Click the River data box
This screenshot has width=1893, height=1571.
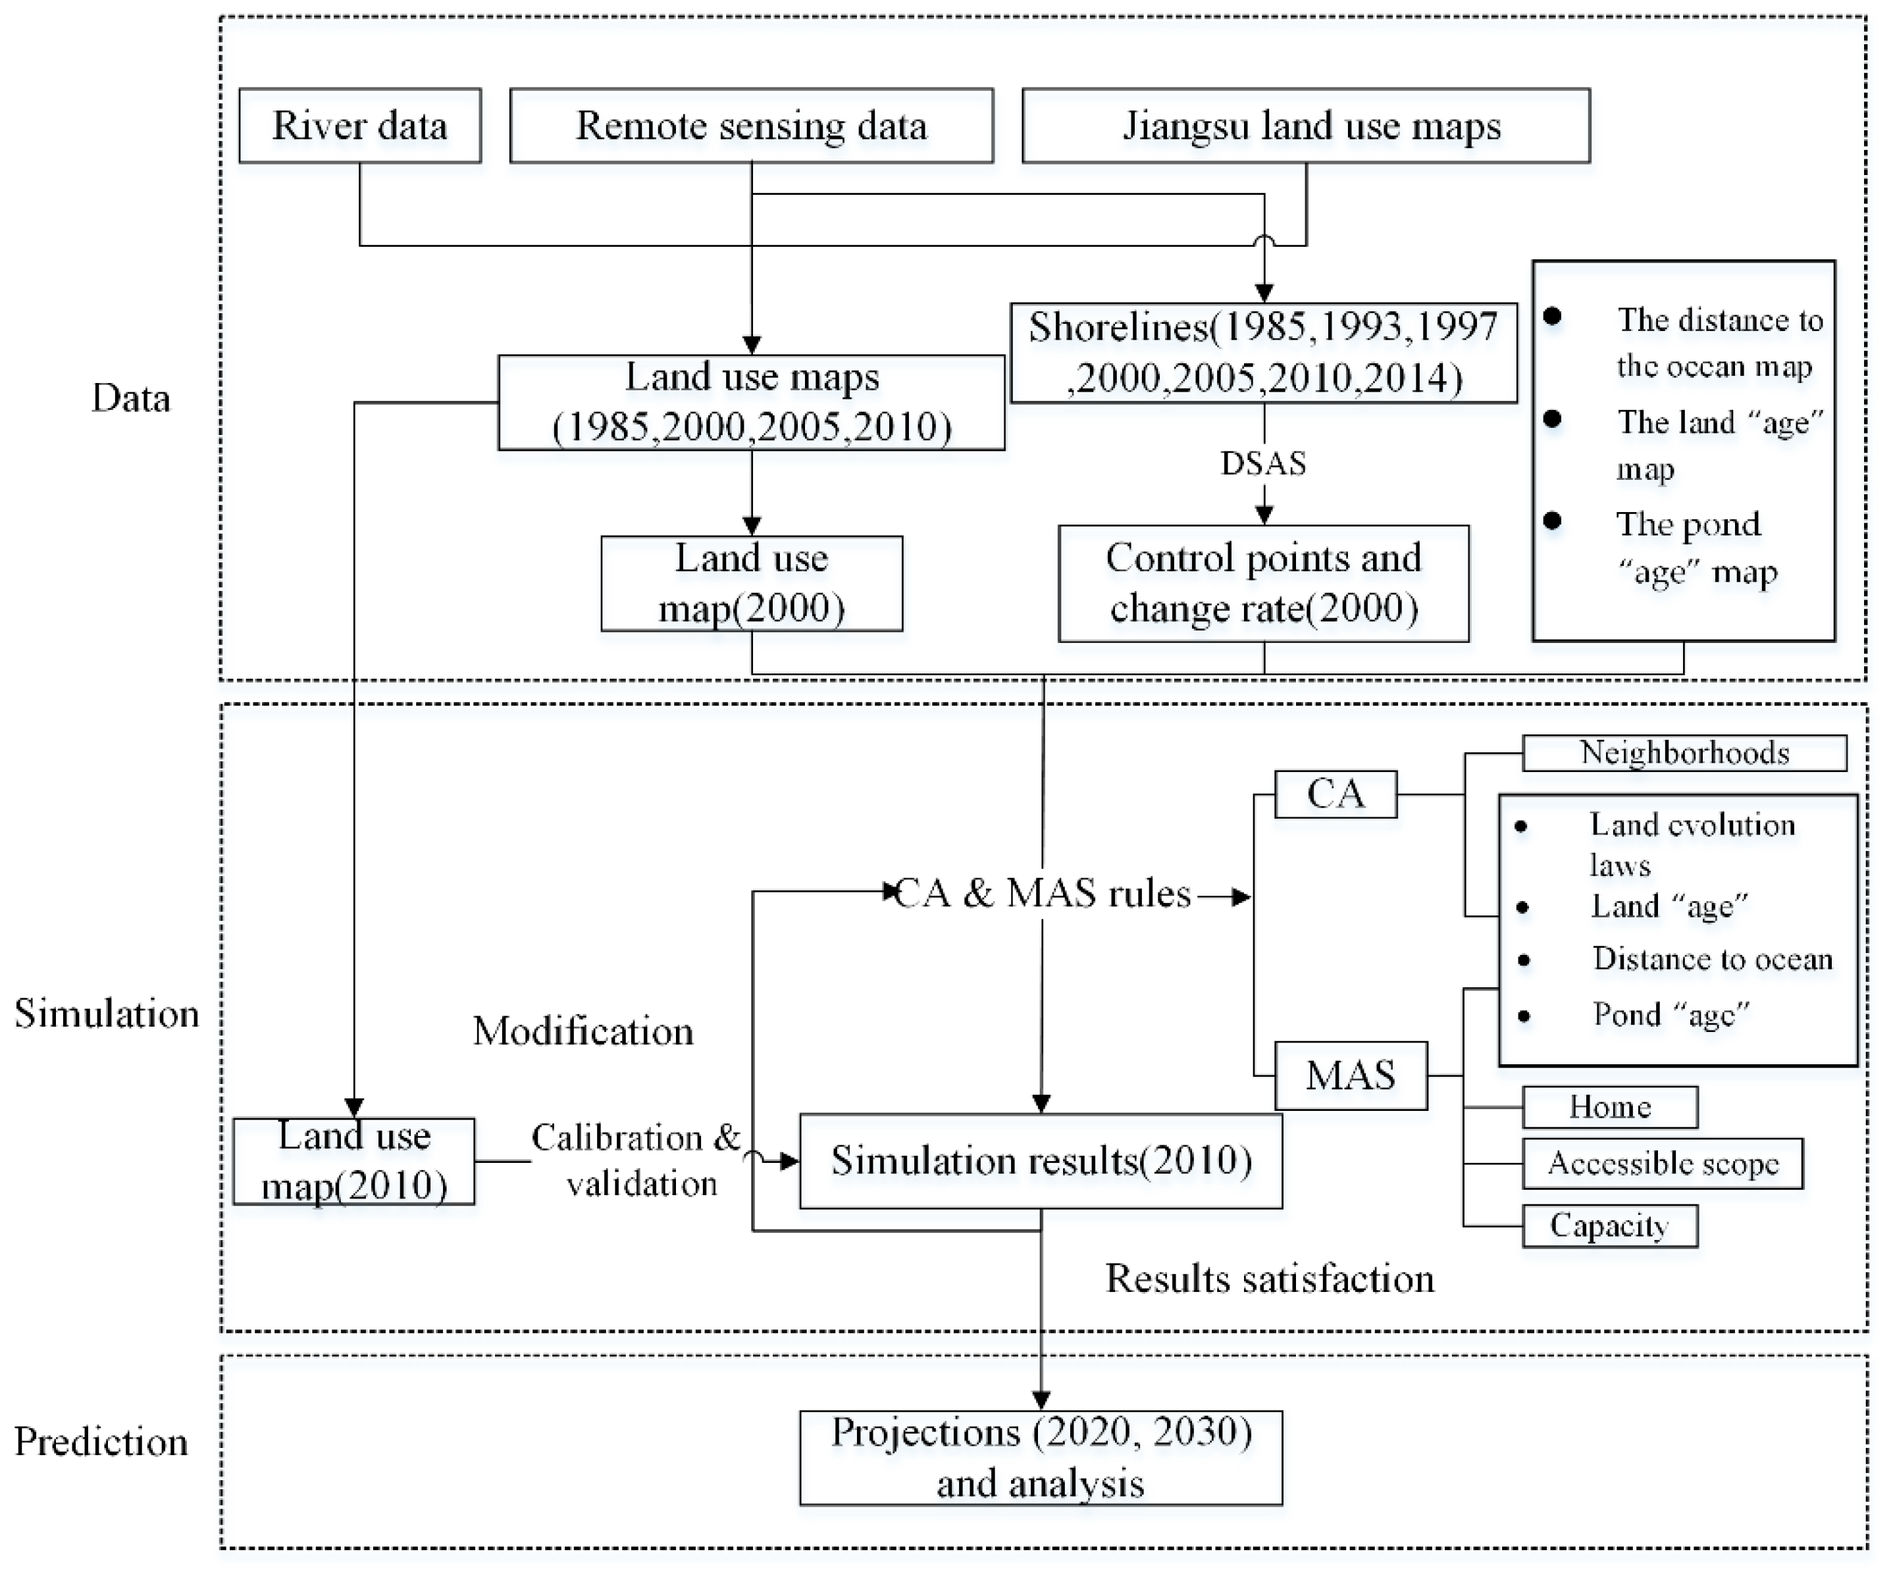click(359, 125)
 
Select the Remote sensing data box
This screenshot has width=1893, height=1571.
click(751, 125)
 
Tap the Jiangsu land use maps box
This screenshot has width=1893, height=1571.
click(1305, 125)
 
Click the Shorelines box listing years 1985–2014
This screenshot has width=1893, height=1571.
click(1263, 352)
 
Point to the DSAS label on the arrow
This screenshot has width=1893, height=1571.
click(1263, 463)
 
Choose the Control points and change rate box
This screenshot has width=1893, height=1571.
click(1263, 583)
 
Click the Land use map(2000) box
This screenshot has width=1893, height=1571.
click(751, 583)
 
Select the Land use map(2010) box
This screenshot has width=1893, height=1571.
click(353, 1161)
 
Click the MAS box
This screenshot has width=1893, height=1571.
click(1351, 1075)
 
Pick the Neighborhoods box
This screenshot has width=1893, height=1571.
click(1684, 753)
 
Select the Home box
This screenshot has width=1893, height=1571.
click(1610, 1107)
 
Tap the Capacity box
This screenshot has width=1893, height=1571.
click(1610, 1225)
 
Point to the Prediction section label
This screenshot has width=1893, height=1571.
click(101, 1442)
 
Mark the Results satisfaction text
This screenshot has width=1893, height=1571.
click(1269, 1278)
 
